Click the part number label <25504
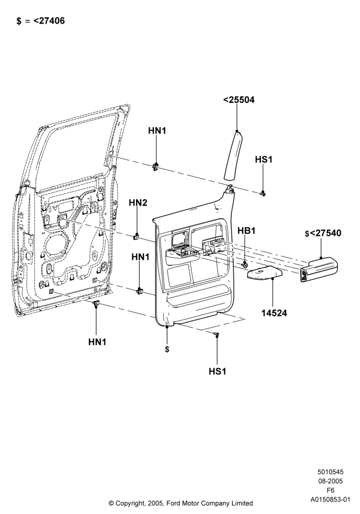[x=239, y=100]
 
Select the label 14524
[x=274, y=313]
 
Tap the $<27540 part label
[x=323, y=233]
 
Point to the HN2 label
[x=138, y=203]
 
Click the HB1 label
[x=246, y=230]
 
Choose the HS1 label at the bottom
[x=218, y=372]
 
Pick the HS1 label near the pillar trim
[x=264, y=160]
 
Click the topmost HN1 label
[x=157, y=131]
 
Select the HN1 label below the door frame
[x=97, y=342]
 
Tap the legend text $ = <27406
[x=41, y=21]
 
